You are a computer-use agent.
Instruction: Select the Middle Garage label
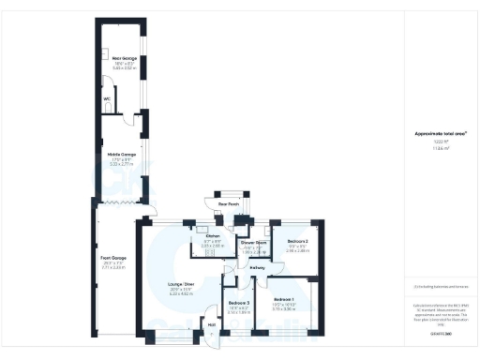[x=121, y=154]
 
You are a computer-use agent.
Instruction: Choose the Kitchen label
[x=212, y=235]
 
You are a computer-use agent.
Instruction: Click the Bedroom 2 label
[x=298, y=242]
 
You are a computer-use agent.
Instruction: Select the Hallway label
[x=258, y=268]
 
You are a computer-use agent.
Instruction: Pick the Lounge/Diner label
[x=181, y=283]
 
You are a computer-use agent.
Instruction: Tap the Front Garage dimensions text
[x=113, y=266]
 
